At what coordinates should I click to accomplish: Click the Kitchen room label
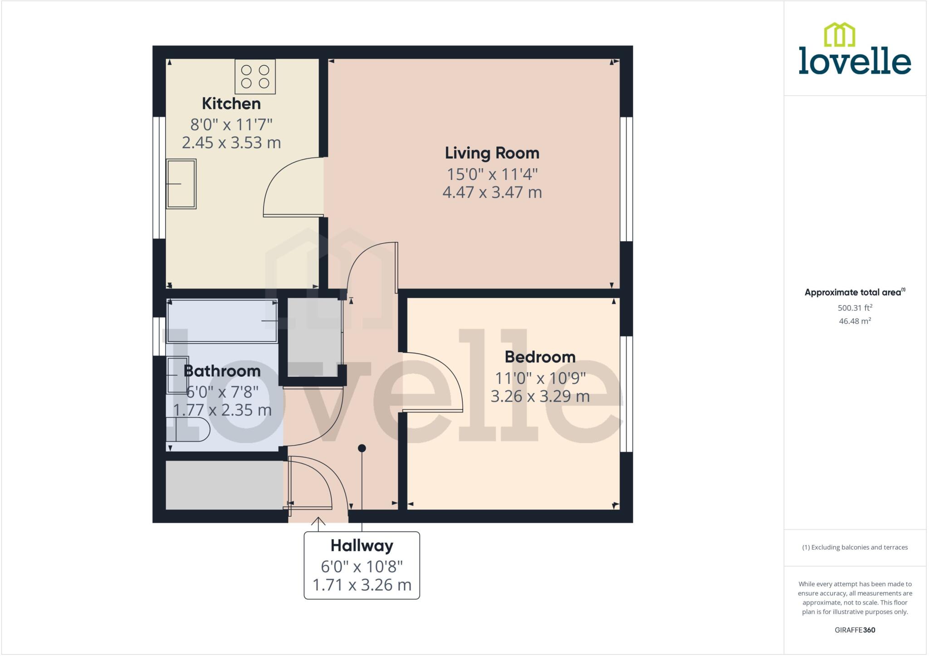(231, 103)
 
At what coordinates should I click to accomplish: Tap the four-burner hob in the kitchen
(255, 77)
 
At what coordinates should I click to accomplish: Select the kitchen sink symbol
(181, 184)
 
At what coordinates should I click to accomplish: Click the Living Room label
(492, 153)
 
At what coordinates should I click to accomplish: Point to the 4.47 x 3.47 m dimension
(492, 192)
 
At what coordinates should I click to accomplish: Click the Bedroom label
(540, 357)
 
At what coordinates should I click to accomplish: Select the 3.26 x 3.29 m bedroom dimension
(540, 396)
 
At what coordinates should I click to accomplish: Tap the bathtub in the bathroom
(222, 321)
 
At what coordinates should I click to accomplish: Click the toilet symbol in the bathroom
(187, 430)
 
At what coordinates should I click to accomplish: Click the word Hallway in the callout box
(362, 545)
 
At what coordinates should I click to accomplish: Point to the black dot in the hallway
(362, 448)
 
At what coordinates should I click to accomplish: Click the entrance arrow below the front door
(318, 523)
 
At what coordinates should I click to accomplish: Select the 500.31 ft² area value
(855, 308)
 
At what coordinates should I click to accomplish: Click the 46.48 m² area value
(855, 321)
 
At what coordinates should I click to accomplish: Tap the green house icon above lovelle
(839, 35)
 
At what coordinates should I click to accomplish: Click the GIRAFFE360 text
(855, 630)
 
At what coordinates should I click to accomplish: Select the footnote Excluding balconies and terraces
(855, 547)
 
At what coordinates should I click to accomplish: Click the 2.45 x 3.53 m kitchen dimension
(231, 142)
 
